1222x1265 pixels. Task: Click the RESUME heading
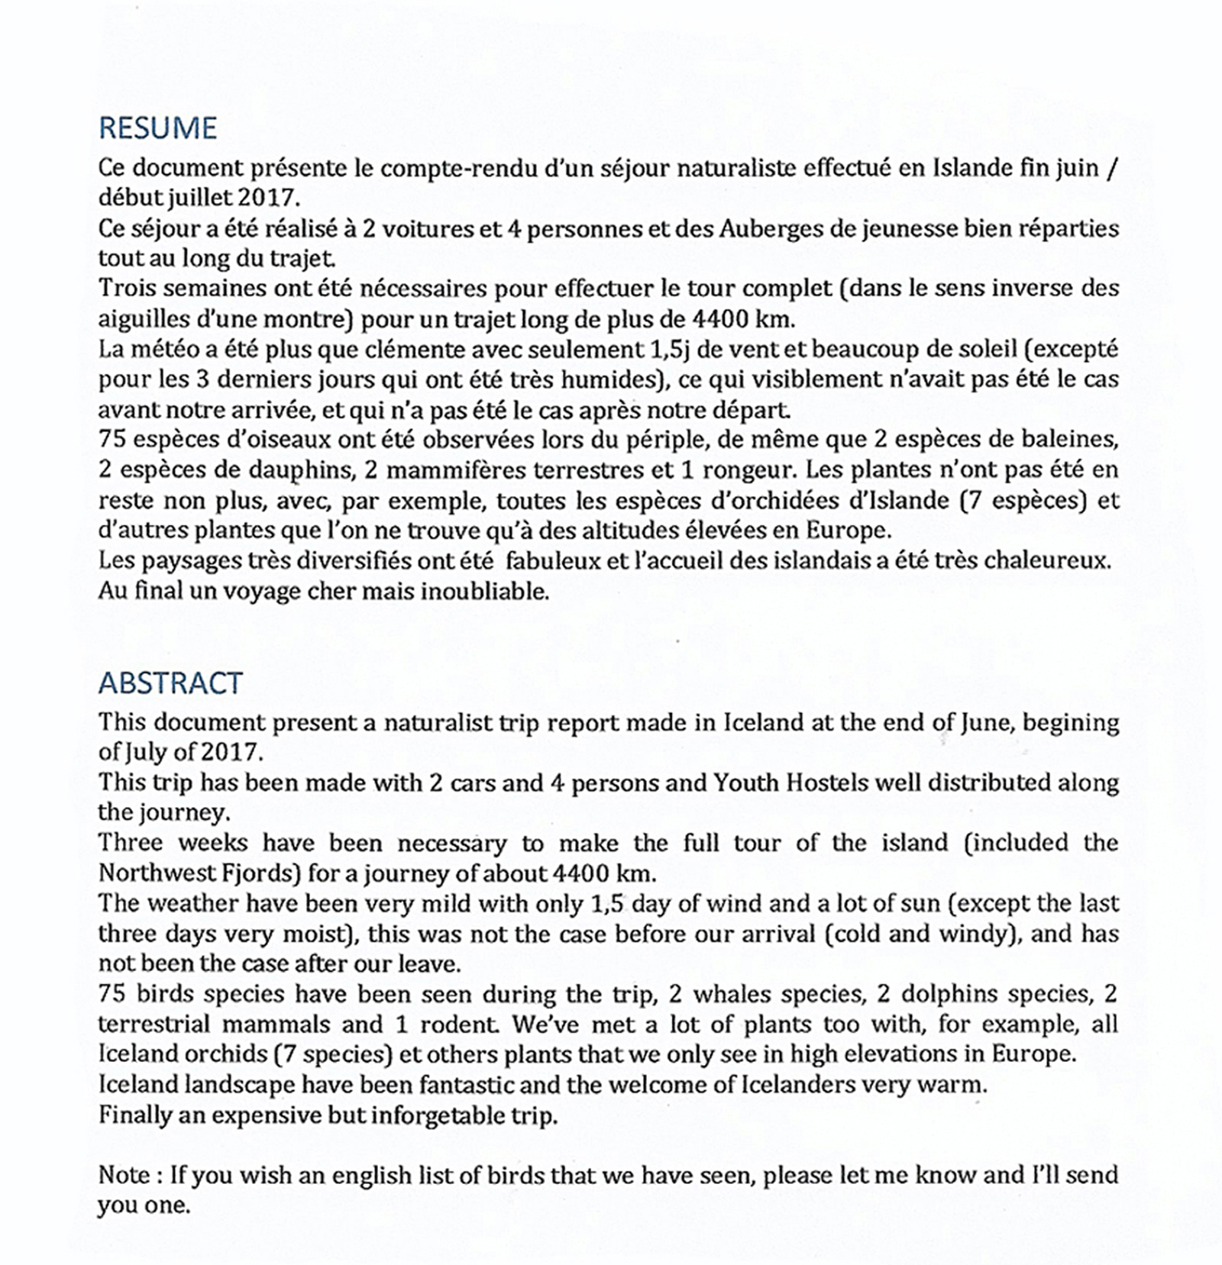(x=158, y=127)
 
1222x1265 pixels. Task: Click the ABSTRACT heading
(x=170, y=683)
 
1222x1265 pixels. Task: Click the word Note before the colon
(x=124, y=1174)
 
